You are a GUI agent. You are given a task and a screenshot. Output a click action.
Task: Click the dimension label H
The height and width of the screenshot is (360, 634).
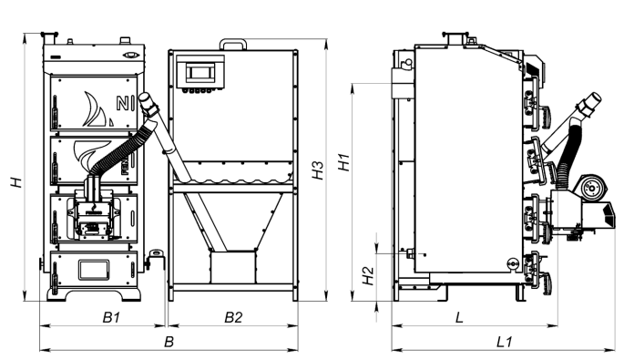(x=16, y=182)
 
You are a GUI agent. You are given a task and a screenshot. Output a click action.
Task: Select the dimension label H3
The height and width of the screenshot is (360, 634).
(x=318, y=170)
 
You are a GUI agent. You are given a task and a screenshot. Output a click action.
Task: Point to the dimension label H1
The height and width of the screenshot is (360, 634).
(x=343, y=162)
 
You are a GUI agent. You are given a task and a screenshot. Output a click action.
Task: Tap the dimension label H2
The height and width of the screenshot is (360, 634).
(x=368, y=275)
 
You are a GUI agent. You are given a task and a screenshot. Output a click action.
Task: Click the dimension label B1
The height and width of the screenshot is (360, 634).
(x=111, y=317)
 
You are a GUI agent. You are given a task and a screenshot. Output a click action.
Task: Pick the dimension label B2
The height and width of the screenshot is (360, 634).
(x=233, y=317)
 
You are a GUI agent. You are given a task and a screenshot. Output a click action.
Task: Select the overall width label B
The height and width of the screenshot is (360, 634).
(x=169, y=342)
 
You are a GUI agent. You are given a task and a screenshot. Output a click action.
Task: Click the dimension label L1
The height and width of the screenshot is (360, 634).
(x=504, y=342)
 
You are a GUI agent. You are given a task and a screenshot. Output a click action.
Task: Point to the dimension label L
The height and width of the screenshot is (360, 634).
(x=459, y=317)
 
